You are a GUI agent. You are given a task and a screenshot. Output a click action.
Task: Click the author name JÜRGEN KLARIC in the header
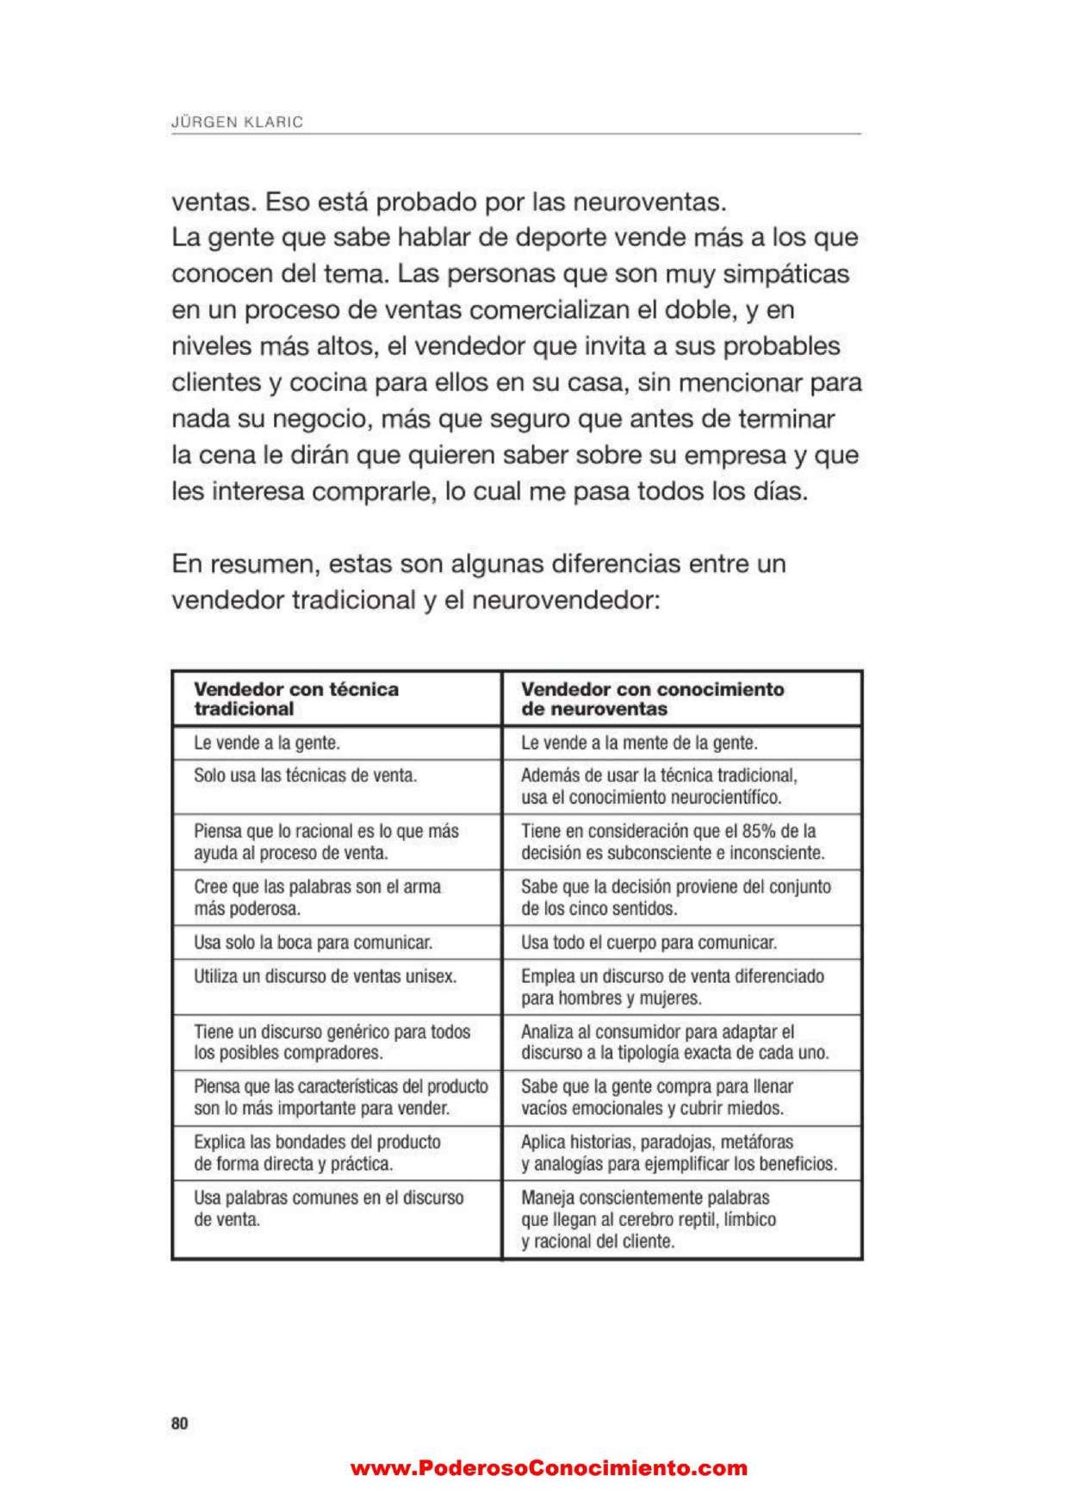click(x=238, y=122)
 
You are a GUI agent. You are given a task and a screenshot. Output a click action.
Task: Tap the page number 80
click(x=179, y=1423)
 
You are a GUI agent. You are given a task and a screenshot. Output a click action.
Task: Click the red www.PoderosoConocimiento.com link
click(x=549, y=1468)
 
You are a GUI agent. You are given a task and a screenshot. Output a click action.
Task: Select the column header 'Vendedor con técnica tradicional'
click(x=296, y=699)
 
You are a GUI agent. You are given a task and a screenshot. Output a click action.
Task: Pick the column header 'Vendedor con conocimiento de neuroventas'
click(x=653, y=699)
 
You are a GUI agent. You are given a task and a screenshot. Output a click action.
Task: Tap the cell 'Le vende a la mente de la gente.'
click(x=639, y=743)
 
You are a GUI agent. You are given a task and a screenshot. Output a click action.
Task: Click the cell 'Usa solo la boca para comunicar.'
click(x=313, y=943)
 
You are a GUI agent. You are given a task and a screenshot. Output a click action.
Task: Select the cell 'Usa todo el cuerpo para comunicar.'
click(x=649, y=943)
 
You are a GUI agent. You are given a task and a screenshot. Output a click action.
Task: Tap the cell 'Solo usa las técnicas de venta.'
click(x=305, y=775)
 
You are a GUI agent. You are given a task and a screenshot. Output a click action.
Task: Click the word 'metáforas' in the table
click(x=760, y=1142)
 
